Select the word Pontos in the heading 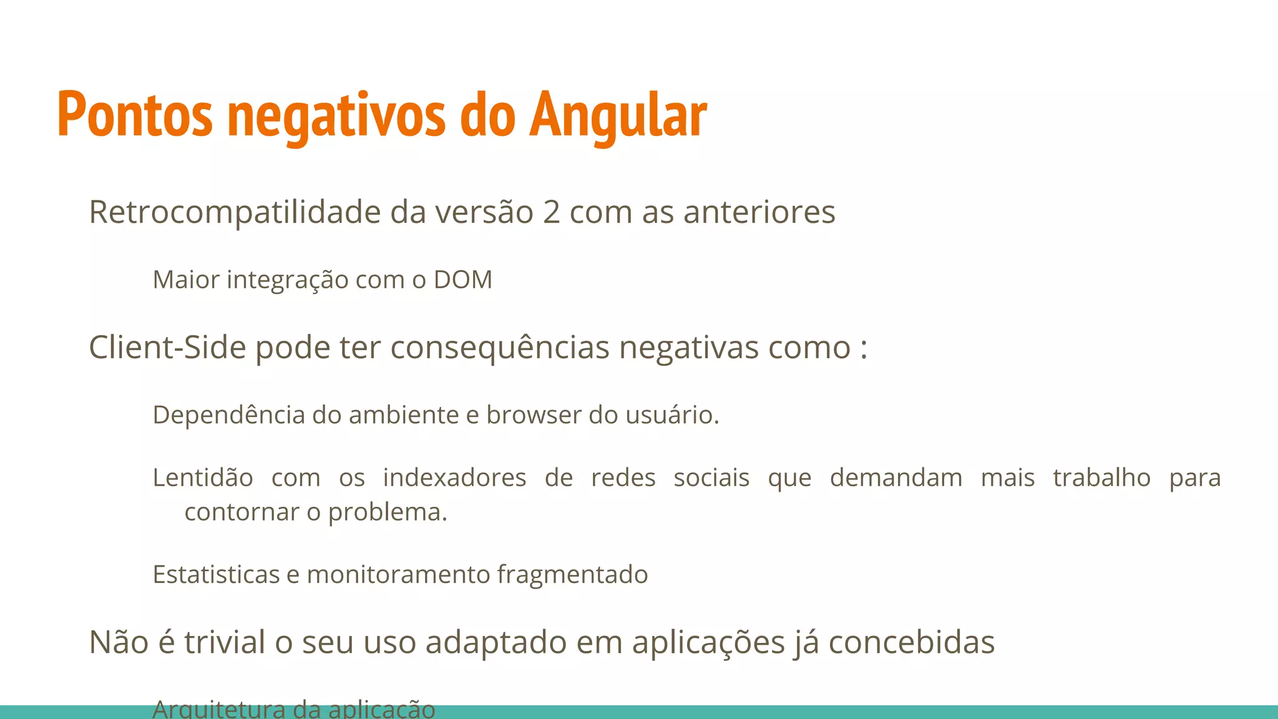coord(135,115)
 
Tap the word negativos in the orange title coord(336,115)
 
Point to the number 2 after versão coord(551,212)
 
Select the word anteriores coord(759,212)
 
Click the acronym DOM coord(463,280)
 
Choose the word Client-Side coord(167,347)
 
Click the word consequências coord(500,347)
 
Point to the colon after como coord(863,348)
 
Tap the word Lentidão coord(203,477)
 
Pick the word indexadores coord(454,477)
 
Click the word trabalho coord(1101,477)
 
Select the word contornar coord(241,512)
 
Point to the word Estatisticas coord(216,574)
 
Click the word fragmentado coord(572,574)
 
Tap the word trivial coord(225,642)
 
